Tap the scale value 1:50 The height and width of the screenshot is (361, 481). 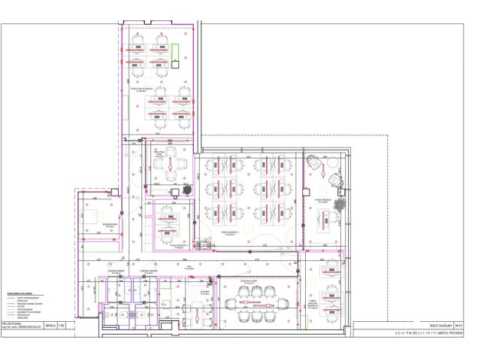61,326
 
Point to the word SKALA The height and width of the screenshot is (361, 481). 50,326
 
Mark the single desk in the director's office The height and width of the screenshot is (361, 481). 325,218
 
